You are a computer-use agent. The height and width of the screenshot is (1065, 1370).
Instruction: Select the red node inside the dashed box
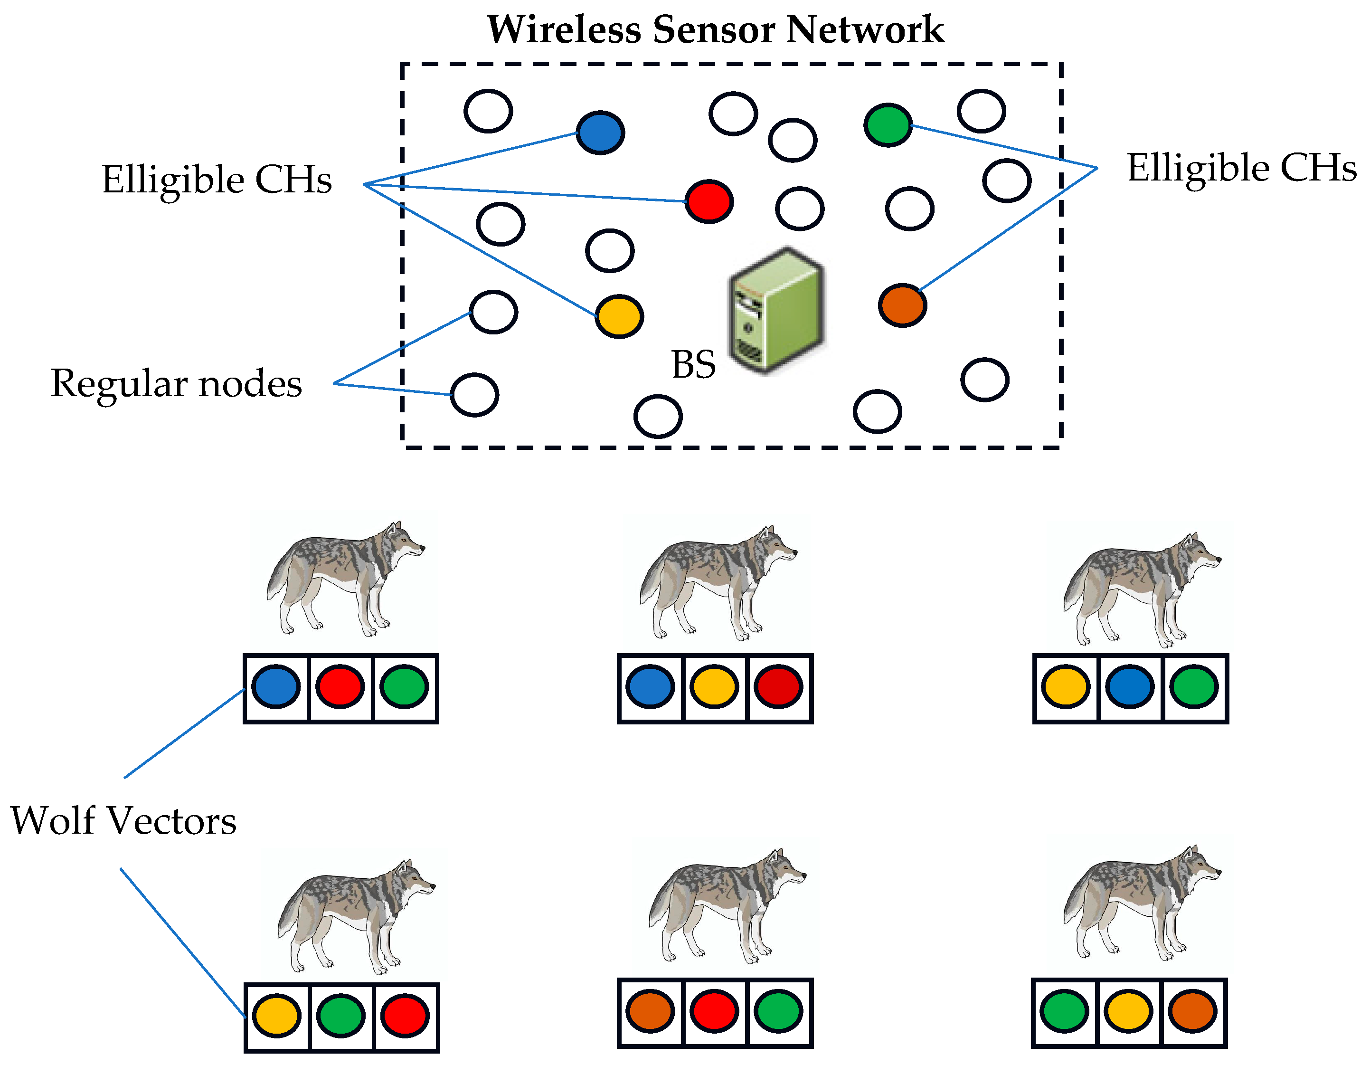pyautogui.click(x=709, y=201)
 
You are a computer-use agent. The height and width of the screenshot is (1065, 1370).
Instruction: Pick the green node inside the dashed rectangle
pyautogui.click(x=888, y=125)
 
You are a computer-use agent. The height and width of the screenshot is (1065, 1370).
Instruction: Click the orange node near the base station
pyautogui.click(x=902, y=305)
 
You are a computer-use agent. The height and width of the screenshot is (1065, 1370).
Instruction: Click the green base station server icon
pyautogui.click(x=776, y=311)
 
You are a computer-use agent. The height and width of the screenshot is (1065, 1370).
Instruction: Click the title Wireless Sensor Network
pyautogui.click(x=715, y=29)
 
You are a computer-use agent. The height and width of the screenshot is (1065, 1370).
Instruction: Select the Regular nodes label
pyautogui.click(x=176, y=383)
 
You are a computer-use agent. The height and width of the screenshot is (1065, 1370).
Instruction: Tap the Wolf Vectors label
pyautogui.click(x=123, y=821)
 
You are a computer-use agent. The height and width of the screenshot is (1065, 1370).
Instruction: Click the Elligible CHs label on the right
pyautogui.click(x=1241, y=168)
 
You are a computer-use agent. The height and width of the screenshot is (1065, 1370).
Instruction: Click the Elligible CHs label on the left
pyautogui.click(x=217, y=180)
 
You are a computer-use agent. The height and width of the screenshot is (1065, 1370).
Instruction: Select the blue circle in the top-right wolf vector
pyautogui.click(x=1130, y=687)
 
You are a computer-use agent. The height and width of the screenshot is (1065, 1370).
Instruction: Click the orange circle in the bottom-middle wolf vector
pyautogui.click(x=650, y=1011)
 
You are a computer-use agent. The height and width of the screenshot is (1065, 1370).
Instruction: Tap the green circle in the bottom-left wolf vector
pyautogui.click(x=340, y=1016)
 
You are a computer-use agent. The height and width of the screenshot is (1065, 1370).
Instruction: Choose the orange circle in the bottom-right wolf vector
pyautogui.click(x=1192, y=1011)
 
